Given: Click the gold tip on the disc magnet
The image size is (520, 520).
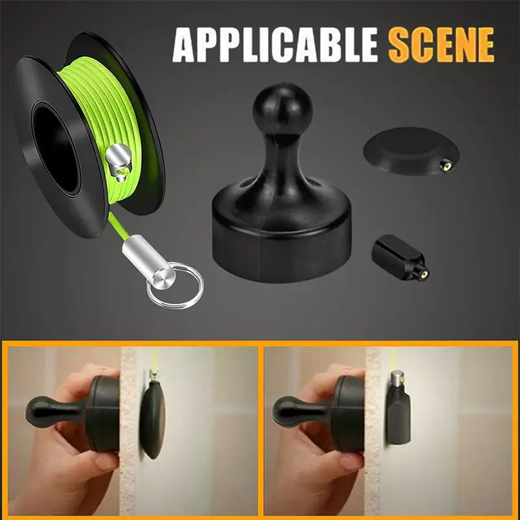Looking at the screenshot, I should (x=446, y=166).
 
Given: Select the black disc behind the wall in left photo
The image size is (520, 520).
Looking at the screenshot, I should (x=152, y=419).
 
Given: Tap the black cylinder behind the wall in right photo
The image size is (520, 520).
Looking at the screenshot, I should (x=399, y=416).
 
